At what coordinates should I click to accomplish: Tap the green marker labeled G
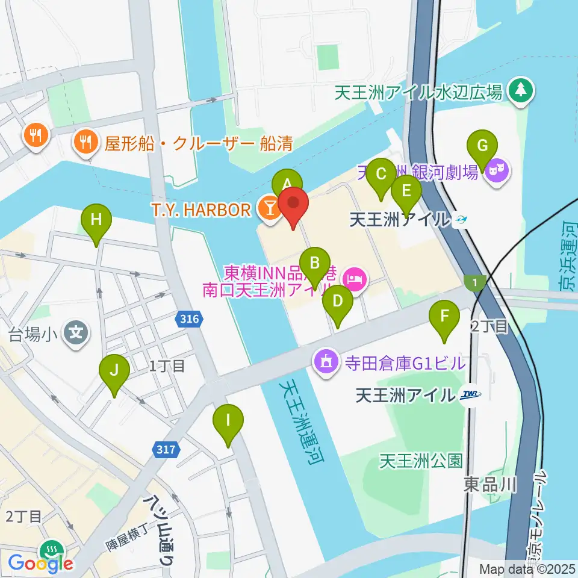tap(482, 146)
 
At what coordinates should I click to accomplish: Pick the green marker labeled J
tap(114, 371)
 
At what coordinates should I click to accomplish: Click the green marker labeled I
tap(228, 420)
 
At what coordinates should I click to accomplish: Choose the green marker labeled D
tap(338, 302)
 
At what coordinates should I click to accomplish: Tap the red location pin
tap(293, 204)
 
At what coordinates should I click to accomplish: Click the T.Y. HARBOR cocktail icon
tap(269, 208)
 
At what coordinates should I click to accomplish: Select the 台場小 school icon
tap(77, 331)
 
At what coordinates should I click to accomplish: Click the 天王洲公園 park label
tap(421, 461)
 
